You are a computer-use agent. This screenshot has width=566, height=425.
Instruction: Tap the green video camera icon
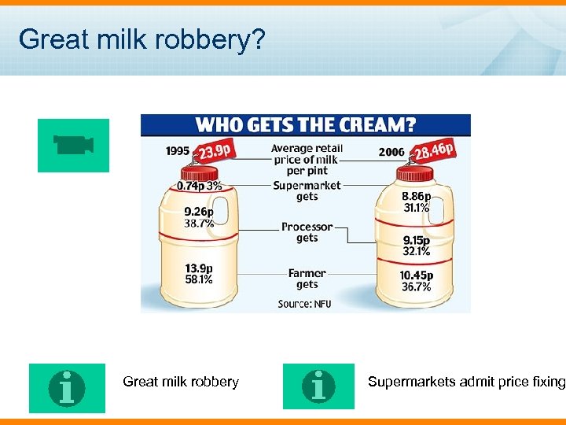pos(74,145)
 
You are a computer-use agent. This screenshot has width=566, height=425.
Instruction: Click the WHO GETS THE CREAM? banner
pos(306,125)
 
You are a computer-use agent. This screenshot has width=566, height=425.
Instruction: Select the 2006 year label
pos(391,152)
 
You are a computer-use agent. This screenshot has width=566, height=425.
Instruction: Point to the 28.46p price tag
pos(433,150)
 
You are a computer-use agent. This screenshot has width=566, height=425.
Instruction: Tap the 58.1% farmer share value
pos(198,279)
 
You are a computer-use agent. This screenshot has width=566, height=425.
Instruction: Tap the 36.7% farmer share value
pos(417,287)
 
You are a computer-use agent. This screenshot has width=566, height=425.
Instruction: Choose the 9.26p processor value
pos(198,212)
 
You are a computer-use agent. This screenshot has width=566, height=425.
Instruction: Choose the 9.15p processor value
pos(417,241)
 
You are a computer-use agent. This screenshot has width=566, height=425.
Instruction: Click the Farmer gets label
pos(307,279)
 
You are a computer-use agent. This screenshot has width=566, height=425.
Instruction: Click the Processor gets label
pos(307,232)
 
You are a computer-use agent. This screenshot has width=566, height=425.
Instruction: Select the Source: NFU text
pos(304,304)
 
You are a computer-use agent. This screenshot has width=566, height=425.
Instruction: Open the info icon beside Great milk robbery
pos(67,387)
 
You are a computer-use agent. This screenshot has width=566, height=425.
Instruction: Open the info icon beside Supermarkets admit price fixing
pos(318,386)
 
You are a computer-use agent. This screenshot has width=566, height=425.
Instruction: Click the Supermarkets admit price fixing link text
pos(466,382)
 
